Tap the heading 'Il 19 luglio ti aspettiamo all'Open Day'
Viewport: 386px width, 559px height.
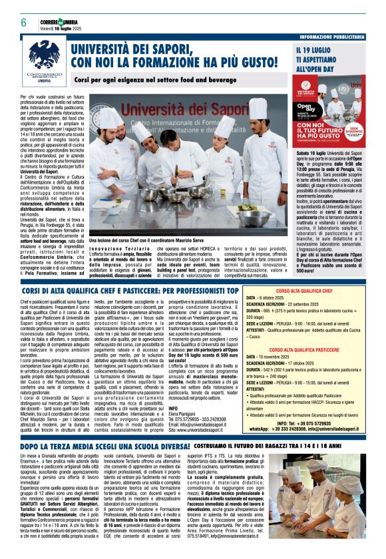point(325,59)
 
